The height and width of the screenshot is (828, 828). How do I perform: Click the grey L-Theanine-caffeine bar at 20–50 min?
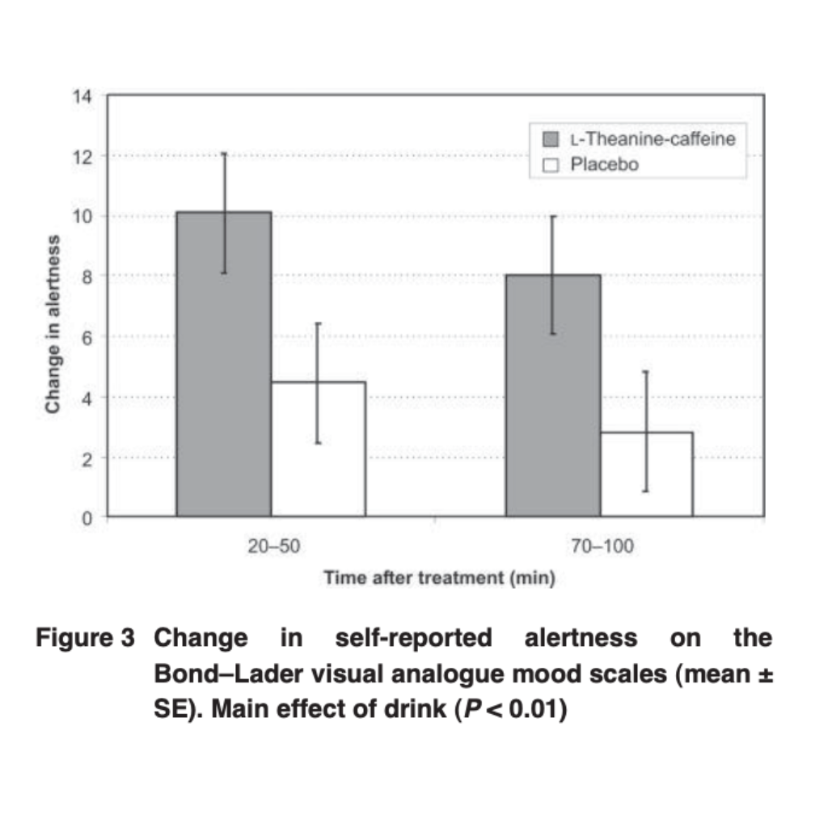coord(223,364)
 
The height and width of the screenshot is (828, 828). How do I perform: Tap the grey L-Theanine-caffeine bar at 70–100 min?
coord(553,395)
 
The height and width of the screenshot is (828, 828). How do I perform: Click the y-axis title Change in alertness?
coord(53,323)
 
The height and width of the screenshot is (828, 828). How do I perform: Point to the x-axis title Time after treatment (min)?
coord(438,579)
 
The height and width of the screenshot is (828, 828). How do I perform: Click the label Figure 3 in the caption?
coord(84,639)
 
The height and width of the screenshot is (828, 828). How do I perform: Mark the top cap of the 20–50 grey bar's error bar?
coord(224,153)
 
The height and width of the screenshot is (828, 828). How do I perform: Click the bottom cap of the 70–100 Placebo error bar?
coord(646,491)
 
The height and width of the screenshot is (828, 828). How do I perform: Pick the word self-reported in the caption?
coord(412,639)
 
